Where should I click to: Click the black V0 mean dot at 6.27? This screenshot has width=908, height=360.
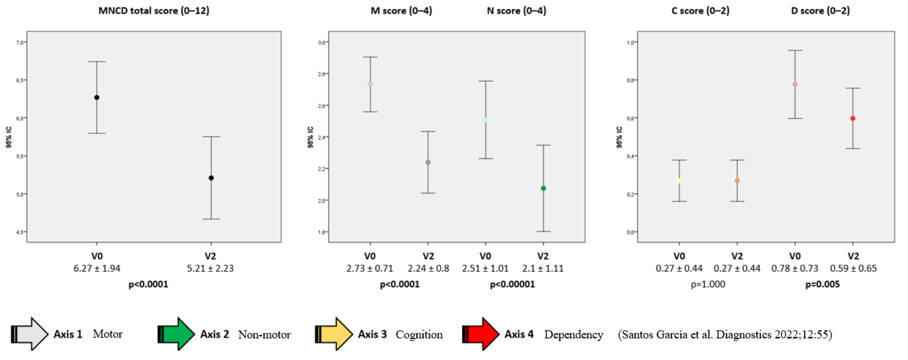coord(97,97)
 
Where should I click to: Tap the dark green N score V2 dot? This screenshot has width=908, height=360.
coord(543,188)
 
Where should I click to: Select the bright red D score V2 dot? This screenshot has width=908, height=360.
coord(853,119)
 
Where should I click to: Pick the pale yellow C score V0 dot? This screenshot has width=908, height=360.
coord(679,181)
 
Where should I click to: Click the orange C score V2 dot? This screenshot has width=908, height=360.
coord(737,181)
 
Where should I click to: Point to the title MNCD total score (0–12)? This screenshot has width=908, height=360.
coord(154,11)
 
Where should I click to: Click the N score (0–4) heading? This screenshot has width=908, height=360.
coord(516,11)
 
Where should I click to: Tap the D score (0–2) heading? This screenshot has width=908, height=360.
coord(820,11)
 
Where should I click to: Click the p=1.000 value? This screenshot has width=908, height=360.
coord(708,284)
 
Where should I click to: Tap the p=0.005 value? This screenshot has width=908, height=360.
coord(822,284)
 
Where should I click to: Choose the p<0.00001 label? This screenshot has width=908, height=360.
coord(512,284)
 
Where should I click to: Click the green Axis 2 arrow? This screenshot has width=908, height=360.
coord(176,334)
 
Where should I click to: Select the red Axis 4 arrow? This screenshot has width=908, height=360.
coord(481,334)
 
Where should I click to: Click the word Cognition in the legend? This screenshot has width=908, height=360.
coord(419,334)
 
